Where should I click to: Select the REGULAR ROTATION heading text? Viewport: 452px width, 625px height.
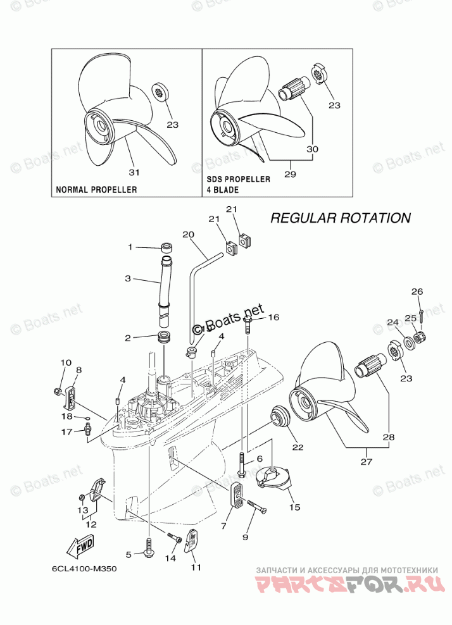tap(341, 218)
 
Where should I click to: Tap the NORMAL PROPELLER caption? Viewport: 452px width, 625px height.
tap(96, 189)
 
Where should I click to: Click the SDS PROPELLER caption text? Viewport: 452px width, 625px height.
tap(238, 179)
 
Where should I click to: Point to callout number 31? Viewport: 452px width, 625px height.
tap(134, 171)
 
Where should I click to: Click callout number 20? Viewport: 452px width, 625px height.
tap(187, 234)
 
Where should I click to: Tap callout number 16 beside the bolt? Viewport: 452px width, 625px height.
tap(273, 317)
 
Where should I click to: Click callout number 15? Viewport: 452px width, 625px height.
tap(295, 507)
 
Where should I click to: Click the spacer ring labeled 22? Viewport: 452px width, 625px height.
tap(280, 419)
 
